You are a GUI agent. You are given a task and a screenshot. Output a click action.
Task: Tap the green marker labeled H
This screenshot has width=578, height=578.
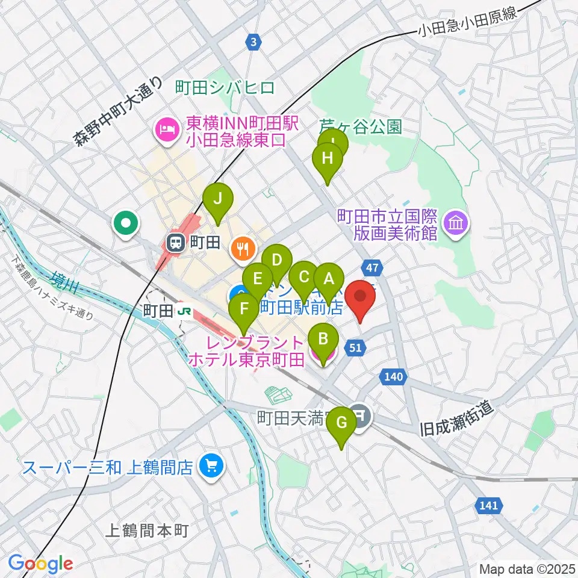pyautogui.click(x=327, y=160)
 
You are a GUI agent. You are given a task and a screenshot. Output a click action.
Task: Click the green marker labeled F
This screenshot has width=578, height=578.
pyautogui.click(x=244, y=310)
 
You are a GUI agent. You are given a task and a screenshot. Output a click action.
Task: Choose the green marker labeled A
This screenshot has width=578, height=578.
pyautogui.click(x=329, y=279)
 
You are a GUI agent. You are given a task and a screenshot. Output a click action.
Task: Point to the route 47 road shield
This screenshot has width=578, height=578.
pyautogui.click(x=371, y=267)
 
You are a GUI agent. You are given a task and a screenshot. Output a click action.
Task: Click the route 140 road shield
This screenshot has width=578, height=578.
pyautogui.click(x=391, y=377)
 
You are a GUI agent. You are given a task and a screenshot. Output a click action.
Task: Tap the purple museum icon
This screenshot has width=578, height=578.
pyautogui.click(x=456, y=223)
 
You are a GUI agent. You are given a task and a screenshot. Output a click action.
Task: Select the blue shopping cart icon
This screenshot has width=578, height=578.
pyautogui.click(x=211, y=467)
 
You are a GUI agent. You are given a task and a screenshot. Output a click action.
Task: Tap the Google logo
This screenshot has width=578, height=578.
pyautogui.click(x=41, y=564)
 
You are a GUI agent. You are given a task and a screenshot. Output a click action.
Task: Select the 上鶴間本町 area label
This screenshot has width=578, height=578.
pyautogui.click(x=147, y=531)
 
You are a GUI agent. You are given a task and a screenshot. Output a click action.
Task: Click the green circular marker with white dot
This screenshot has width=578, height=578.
pyautogui.click(x=126, y=225)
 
